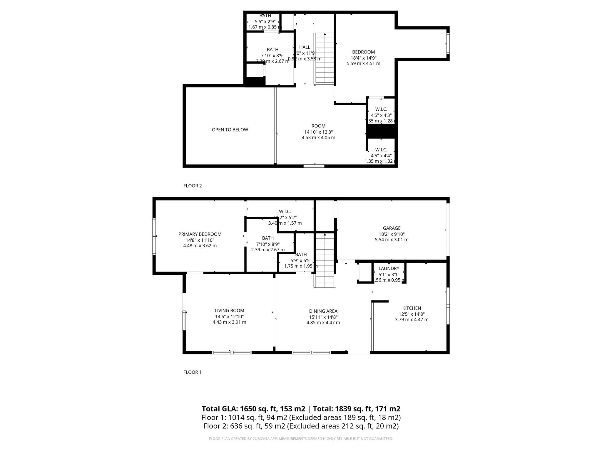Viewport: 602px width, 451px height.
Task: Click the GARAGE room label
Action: [392, 228]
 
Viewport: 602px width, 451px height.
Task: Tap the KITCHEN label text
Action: [412, 308]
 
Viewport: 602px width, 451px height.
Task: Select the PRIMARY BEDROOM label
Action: [200, 234]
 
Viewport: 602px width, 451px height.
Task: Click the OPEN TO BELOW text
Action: [230, 129]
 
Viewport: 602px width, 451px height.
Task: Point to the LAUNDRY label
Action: [389, 268]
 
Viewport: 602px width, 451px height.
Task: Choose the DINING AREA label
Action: [323, 311]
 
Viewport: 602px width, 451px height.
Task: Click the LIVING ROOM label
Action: [229, 310]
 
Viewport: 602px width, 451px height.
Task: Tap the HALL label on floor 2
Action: [305, 47]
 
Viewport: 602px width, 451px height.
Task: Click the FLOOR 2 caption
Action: [193, 186]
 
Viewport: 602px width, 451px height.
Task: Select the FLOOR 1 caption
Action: [192, 372]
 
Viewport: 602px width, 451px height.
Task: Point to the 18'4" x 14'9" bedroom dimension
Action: [363, 58]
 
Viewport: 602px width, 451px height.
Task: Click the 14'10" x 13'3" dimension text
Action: [318, 132]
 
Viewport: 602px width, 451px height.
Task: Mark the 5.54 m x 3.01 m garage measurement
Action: [392, 240]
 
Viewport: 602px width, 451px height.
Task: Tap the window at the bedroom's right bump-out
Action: [448, 43]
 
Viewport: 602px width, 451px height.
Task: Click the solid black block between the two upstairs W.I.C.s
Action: [381, 131]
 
